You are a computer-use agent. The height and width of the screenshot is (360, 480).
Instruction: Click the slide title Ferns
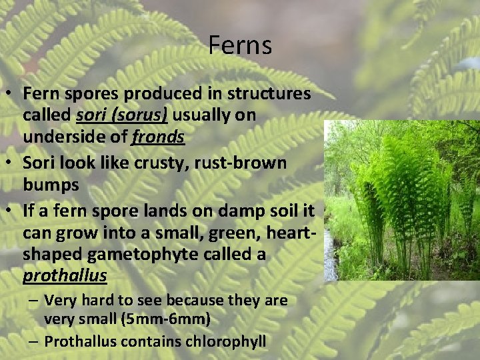(x=240, y=45)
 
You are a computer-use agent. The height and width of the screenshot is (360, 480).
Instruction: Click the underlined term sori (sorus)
(x=122, y=115)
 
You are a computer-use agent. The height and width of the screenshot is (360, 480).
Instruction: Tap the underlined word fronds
(x=158, y=137)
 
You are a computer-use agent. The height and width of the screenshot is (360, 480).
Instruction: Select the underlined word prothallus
(x=65, y=275)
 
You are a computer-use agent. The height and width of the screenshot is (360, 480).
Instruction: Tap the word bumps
(x=51, y=184)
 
